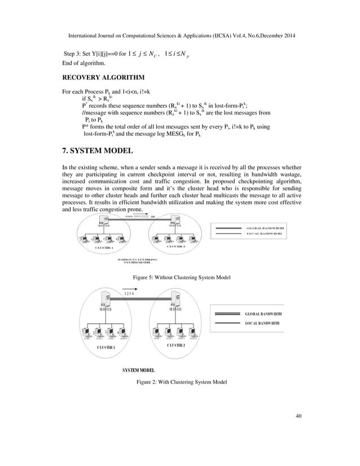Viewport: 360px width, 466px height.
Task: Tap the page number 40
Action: tap(298, 416)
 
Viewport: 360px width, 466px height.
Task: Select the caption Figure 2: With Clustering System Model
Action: tap(180, 382)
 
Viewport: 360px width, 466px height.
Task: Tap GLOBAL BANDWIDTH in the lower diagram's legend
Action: tap(264, 314)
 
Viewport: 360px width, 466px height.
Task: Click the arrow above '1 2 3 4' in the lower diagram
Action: tap(131, 288)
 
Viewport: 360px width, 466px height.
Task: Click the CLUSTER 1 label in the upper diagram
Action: tap(104, 247)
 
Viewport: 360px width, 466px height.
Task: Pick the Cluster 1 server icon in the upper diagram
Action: tap(105, 221)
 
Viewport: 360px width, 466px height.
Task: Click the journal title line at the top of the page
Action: tap(181, 35)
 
